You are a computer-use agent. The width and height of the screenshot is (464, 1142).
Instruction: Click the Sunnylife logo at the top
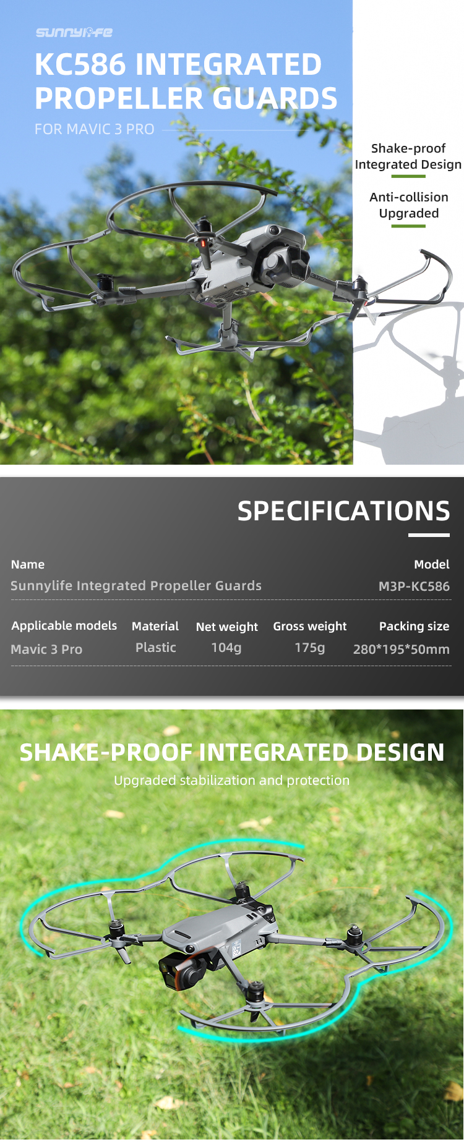[x=74, y=32]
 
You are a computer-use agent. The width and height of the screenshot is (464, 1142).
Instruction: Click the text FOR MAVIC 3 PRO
[x=95, y=129]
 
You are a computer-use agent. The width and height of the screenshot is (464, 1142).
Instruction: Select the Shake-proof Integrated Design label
[x=408, y=156]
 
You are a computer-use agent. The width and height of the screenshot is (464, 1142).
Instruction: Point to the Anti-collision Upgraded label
[x=409, y=205]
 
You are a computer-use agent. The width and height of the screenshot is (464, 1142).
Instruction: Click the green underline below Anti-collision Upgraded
[x=408, y=226]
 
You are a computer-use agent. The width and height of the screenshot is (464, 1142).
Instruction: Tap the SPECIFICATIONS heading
[x=344, y=511]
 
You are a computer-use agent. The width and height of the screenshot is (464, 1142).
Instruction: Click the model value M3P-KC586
[x=414, y=586]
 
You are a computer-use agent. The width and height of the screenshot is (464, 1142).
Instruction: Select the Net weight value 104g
[x=226, y=648]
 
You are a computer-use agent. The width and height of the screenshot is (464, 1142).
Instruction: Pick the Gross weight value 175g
[x=310, y=648]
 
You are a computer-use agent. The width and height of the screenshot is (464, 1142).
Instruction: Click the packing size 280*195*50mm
[x=402, y=649]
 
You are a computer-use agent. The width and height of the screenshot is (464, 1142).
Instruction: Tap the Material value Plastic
[x=156, y=648]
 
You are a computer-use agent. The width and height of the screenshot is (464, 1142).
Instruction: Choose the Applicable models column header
[x=64, y=625]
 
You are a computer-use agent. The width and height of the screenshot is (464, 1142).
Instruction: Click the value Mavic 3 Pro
[x=46, y=649]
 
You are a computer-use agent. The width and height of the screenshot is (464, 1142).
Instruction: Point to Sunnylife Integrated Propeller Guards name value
[x=136, y=586]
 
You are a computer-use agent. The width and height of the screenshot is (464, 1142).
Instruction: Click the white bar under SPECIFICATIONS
[x=429, y=535]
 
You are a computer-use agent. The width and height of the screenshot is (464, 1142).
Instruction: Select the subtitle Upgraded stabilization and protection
[x=232, y=780]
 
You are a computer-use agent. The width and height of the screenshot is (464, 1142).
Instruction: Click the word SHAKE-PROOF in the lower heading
[x=106, y=753]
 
